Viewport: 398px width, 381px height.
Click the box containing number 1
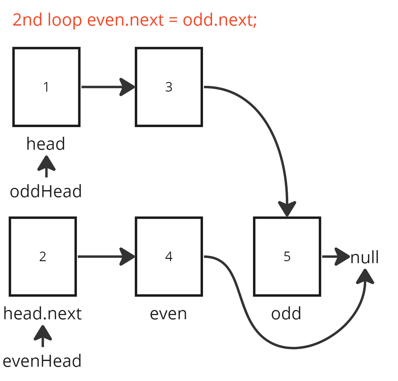pyautogui.click(x=46, y=87)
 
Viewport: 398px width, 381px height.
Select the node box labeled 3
pyautogui.click(x=169, y=87)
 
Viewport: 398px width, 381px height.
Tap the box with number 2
pyautogui.click(x=43, y=257)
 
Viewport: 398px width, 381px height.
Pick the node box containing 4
pyautogui.click(x=169, y=257)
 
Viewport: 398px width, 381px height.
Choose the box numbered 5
pyautogui.click(x=287, y=257)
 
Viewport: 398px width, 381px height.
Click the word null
pyautogui.click(x=365, y=258)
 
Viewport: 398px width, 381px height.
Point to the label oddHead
pyautogui.click(x=46, y=192)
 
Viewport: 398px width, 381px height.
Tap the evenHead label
pyautogui.click(x=42, y=361)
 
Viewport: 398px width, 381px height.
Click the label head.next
pyautogui.click(x=42, y=314)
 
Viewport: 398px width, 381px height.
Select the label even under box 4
pyautogui.click(x=168, y=314)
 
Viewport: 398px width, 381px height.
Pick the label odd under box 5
pyautogui.click(x=286, y=314)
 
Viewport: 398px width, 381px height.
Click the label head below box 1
pyautogui.click(x=46, y=144)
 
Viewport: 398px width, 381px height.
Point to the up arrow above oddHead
pyautogui.click(x=46, y=166)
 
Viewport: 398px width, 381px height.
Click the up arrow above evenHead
pyautogui.click(x=43, y=336)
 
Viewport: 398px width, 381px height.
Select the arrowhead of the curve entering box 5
pyautogui.click(x=287, y=208)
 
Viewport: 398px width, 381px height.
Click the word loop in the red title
pyautogui.click(x=65, y=20)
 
